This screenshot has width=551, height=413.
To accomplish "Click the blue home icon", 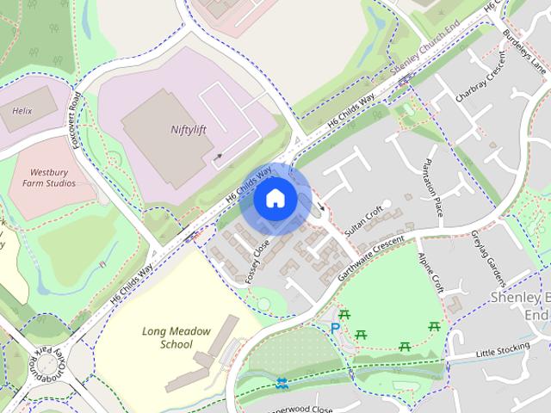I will pyautogui.click(x=275, y=199).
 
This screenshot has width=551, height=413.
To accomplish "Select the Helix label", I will pyautogui.click(x=22, y=112).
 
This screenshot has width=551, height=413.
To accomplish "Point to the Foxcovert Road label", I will pyautogui.click(x=79, y=120).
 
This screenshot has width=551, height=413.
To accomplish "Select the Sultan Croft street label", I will pyautogui.click(x=362, y=221).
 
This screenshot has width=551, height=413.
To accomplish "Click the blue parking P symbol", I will pyautogui.click(x=335, y=329).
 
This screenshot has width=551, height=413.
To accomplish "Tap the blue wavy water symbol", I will pyautogui.click(x=282, y=383).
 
